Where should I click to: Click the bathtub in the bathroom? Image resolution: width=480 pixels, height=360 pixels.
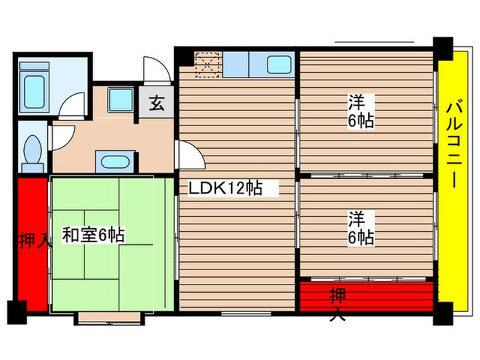32,88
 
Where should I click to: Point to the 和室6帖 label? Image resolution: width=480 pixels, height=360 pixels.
93,235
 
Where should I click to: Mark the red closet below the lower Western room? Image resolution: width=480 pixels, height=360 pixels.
367,294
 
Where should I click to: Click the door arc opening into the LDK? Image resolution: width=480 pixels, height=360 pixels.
190,154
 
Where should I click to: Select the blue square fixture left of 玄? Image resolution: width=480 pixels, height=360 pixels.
120,101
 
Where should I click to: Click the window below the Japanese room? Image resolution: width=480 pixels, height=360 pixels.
109,317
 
